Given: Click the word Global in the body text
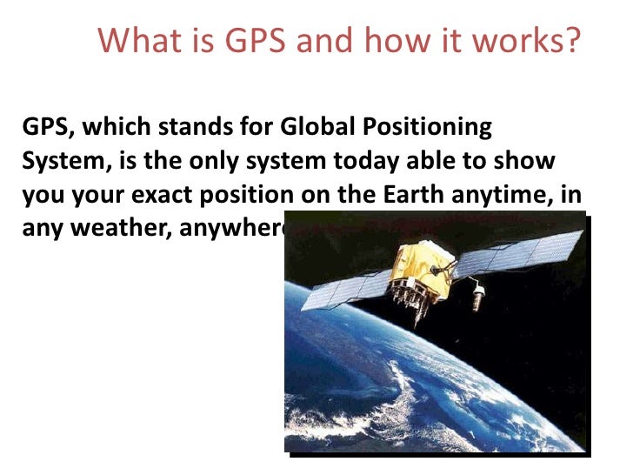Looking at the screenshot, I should pos(314,128).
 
